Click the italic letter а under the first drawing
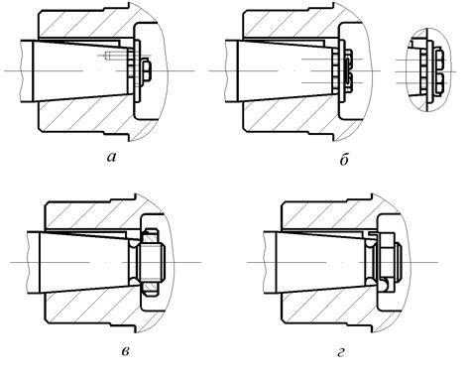(112, 158)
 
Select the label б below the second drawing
(344, 160)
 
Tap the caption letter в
(125, 351)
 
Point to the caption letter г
(341, 352)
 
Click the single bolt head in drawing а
(147, 70)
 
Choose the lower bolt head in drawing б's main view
(348, 83)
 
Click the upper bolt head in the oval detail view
(438, 59)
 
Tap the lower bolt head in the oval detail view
(438, 82)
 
